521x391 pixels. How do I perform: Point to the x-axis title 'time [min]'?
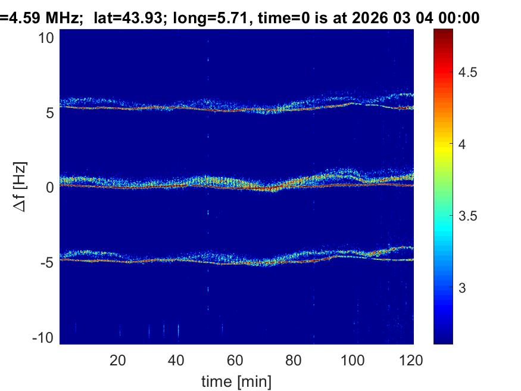[236, 380]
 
